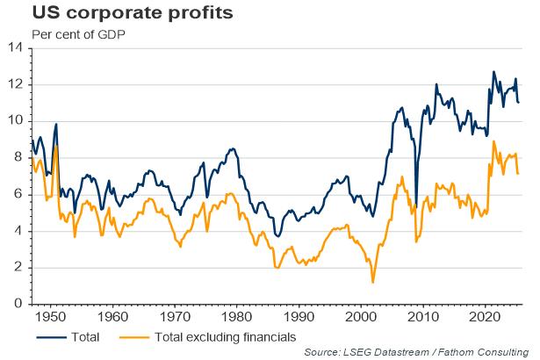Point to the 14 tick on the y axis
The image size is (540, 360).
[x=15, y=48]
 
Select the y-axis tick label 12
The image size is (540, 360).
[x=15, y=85]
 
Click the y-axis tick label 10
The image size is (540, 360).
[x=15, y=121]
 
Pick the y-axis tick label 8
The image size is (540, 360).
[x=18, y=158]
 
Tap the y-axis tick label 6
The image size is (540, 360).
[x=18, y=195]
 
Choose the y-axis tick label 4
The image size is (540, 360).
[x=18, y=232]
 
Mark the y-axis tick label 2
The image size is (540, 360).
[x=18, y=268]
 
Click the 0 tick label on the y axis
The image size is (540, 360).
[x=18, y=305]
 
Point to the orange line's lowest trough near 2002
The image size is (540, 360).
[x=373, y=282]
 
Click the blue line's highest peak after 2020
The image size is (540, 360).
[x=493, y=72]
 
